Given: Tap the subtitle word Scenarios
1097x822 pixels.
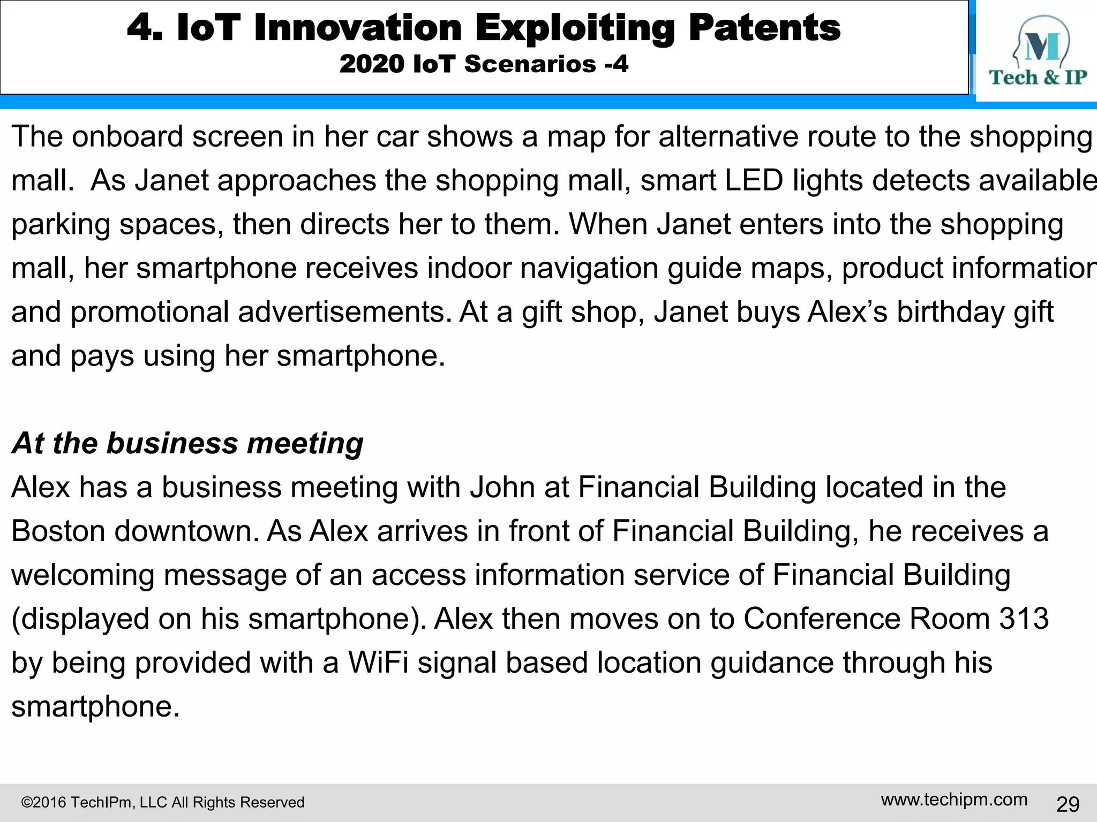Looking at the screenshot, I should (530, 64).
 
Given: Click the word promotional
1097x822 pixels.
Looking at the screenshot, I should (149, 313).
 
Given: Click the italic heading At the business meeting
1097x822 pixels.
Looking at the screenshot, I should (187, 444).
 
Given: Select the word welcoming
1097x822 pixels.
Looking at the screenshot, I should (82, 576).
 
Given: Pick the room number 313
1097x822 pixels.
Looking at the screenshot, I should (1024, 619).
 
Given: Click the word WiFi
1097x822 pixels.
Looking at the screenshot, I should (378, 663).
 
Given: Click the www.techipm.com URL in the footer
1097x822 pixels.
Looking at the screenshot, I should (954, 800).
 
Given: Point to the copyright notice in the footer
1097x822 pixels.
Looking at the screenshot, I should (162, 803).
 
